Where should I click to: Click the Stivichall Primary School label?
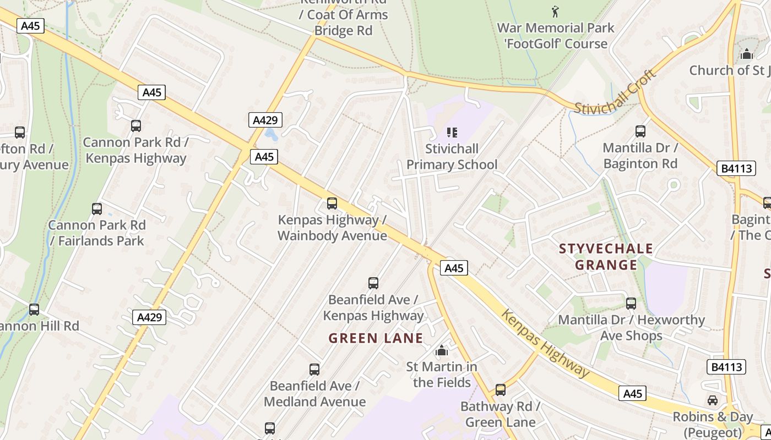(x=452, y=157)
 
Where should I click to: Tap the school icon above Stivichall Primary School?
(x=452, y=132)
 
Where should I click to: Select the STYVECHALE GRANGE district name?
(x=606, y=257)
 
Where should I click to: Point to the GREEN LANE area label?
(x=376, y=338)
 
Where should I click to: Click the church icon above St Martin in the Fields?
(x=442, y=350)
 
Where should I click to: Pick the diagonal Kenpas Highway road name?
(x=545, y=344)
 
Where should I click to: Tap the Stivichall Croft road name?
(x=616, y=92)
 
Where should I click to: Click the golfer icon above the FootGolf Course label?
(x=555, y=11)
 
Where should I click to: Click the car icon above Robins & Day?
(x=713, y=400)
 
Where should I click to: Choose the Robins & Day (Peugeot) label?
(x=713, y=424)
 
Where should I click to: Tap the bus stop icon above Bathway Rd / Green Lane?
(x=500, y=390)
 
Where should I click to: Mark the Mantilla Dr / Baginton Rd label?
(x=640, y=156)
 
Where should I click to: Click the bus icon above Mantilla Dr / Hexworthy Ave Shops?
(x=631, y=304)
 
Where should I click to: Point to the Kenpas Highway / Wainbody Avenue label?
(x=332, y=228)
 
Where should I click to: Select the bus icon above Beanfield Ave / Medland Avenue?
(x=314, y=370)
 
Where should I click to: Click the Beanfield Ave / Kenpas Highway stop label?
(x=373, y=307)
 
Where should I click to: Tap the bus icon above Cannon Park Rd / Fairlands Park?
(x=97, y=209)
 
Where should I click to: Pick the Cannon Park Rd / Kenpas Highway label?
(x=135, y=150)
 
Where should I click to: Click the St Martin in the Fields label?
(x=442, y=374)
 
